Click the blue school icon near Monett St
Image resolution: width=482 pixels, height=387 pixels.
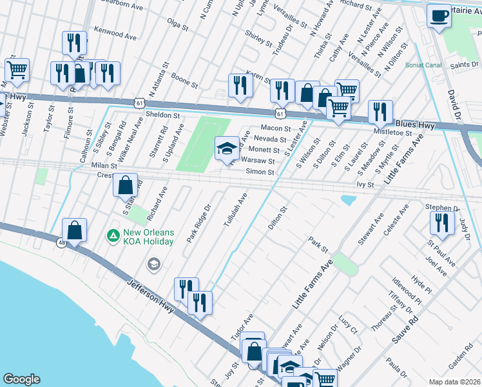(226, 149)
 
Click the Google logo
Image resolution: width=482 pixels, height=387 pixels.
(21, 379)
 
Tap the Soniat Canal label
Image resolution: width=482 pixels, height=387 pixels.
(423, 65)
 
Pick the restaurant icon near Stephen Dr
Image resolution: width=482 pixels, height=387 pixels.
(442, 223)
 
